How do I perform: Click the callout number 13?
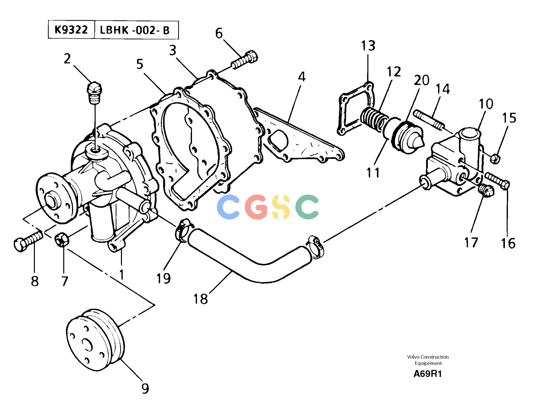[x=368, y=46]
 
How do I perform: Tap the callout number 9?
[x=145, y=389]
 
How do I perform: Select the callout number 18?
[x=200, y=299]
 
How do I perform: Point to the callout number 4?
[x=302, y=77]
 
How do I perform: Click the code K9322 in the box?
[x=71, y=30]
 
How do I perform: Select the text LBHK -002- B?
[x=135, y=30]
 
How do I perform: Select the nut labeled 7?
[x=62, y=240]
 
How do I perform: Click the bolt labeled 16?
[x=497, y=181]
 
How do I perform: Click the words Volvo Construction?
[x=428, y=357]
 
